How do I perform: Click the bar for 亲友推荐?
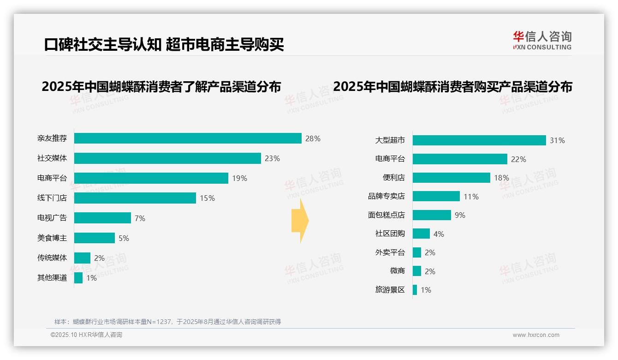click(x=188, y=138)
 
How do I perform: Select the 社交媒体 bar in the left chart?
click(x=167, y=158)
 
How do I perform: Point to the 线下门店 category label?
click(x=52, y=198)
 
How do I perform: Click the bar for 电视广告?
click(x=102, y=218)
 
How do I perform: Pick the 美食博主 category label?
click(x=52, y=238)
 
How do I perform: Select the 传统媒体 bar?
click(x=82, y=258)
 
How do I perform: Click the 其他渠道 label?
click(x=52, y=278)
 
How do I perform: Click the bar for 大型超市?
click(x=479, y=140)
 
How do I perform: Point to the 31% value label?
click(x=557, y=140)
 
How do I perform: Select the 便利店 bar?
click(x=451, y=178)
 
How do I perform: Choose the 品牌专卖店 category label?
click(x=386, y=196)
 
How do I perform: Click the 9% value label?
click(x=460, y=215)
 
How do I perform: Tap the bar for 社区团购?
click(x=421, y=234)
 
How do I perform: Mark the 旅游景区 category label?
click(x=390, y=290)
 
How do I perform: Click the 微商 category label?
click(x=397, y=271)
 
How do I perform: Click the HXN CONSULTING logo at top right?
click(x=542, y=41)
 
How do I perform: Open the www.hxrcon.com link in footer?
click(x=535, y=335)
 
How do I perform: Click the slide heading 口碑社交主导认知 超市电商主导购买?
click(x=164, y=44)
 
